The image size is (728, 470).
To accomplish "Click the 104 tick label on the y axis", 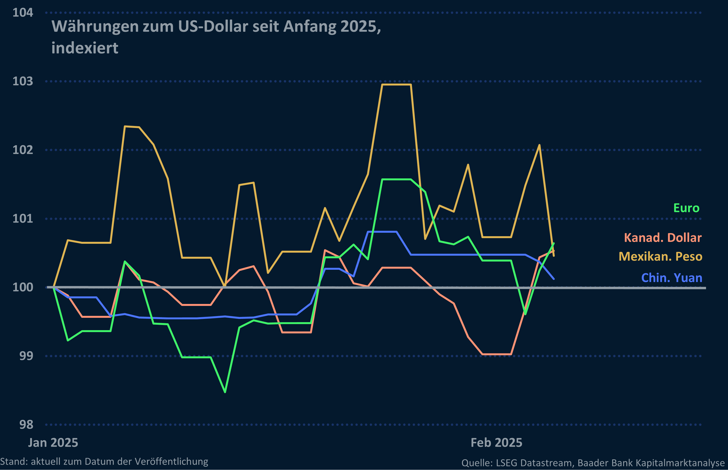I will tap(23, 13).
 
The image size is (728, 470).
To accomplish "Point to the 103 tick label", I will tap(23, 81).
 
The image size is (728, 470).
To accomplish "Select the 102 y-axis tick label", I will tap(23, 150).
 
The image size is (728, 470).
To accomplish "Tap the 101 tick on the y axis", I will tap(23, 218).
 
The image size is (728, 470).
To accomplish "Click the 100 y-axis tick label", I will tap(23, 287).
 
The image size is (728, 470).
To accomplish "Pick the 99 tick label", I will tap(26, 356).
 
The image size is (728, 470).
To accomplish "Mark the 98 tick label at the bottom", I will tap(26, 425).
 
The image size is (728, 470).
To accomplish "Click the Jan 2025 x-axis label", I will tap(53, 443).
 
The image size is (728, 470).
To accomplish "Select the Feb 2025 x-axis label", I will tap(496, 443).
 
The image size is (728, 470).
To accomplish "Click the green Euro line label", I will tap(686, 208).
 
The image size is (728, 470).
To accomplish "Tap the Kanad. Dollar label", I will tap(663, 238).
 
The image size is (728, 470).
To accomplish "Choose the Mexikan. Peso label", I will tap(660, 256).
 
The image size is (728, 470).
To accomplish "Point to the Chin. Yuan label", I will tap(671, 278).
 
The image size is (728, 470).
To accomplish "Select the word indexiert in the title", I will tap(85, 48).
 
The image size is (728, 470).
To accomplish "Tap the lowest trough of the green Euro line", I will tap(225, 392).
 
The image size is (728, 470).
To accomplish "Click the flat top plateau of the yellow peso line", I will tap(396, 84).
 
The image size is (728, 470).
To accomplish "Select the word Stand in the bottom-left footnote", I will tap(14, 462).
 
